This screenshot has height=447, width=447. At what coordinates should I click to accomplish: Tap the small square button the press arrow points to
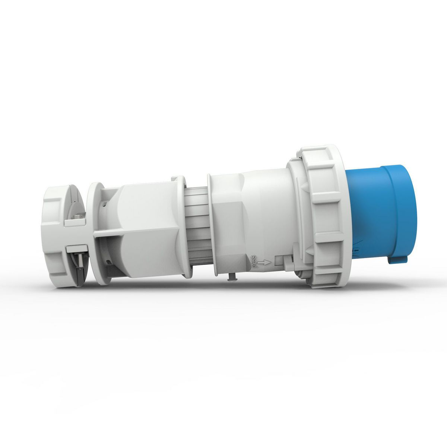pos(279,261)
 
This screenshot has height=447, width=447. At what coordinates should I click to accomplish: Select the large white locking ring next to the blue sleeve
pos(324,216)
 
